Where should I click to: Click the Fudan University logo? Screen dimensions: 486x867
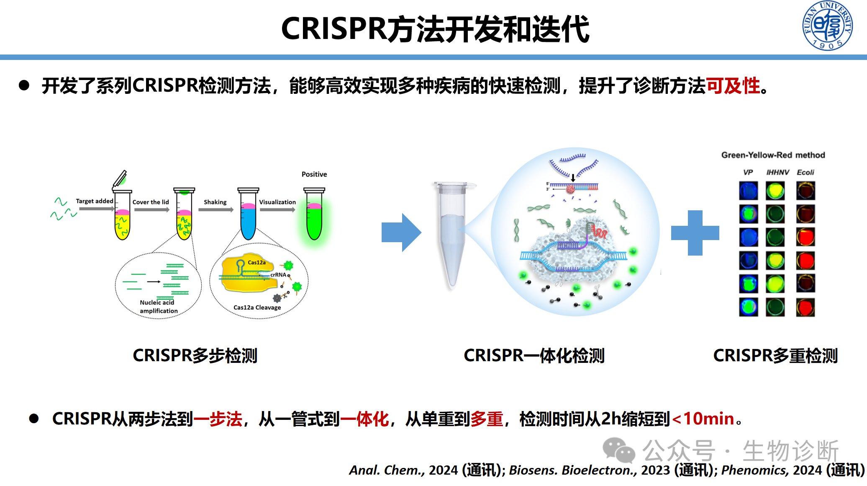coord(827,26)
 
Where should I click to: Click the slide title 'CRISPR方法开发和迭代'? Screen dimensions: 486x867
coord(435,29)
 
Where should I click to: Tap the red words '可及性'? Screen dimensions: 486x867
coord(733,86)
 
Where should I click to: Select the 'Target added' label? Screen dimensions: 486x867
coord(95,201)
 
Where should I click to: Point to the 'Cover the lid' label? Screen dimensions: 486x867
coord(151,202)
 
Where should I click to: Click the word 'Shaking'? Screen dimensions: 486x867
coord(215,202)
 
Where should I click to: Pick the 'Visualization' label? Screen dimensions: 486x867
coord(277,202)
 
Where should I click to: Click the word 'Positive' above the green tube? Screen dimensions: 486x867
coord(314,174)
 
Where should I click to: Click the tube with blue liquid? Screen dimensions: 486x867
coord(248,220)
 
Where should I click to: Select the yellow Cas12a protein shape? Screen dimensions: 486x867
coord(247,274)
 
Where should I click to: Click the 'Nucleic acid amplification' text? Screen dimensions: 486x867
coord(158,306)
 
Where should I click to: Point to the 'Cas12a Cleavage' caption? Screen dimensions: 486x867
coord(257,308)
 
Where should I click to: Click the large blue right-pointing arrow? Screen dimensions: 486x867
coord(401,233)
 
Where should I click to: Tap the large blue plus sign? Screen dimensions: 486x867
coord(695,233)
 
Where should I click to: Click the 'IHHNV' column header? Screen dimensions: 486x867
coord(777,172)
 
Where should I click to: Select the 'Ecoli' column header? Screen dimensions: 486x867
coord(805,172)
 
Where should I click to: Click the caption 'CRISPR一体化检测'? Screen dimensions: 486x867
coord(534,356)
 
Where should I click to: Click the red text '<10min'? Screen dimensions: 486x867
coord(703,419)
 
